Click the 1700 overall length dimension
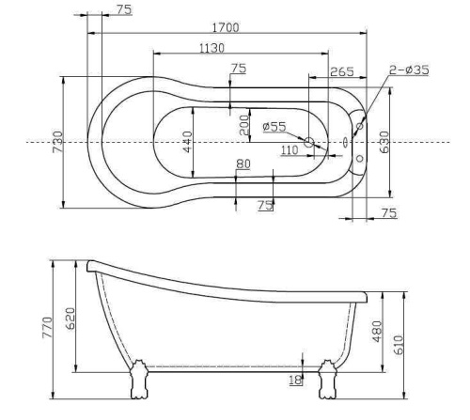pos(225,28)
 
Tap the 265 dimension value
pos(341,71)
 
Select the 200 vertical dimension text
pos(244,125)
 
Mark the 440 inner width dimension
pos(188,142)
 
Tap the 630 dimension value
pos(384,143)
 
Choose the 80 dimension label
pos(244,164)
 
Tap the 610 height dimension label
pos(398,345)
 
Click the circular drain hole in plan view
pos(308,143)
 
